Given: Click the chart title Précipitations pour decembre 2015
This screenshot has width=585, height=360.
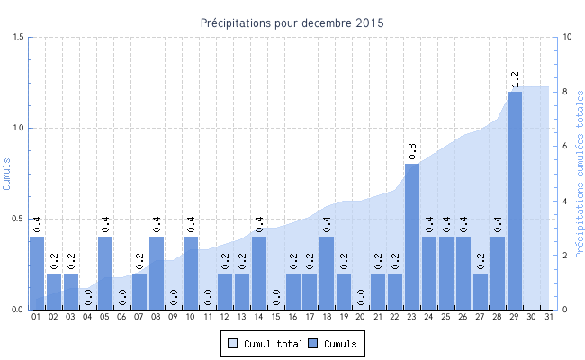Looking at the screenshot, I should pyautogui.click(x=292, y=22).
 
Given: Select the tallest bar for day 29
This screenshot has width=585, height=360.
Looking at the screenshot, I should pyautogui.click(x=515, y=200).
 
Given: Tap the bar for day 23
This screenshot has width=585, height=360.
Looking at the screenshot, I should pyautogui.click(x=412, y=237).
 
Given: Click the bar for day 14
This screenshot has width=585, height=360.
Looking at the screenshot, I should pyautogui.click(x=259, y=273).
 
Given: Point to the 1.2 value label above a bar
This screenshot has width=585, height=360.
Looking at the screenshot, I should pyautogui.click(x=515, y=80).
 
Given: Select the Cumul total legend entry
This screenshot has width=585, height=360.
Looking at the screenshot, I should pyautogui.click(x=263, y=344).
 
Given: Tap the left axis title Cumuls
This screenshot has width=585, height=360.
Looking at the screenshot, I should pyautogui.click(x=8, y=173).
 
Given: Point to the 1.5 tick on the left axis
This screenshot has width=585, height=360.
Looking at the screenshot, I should pyautogui.click(x=18, y=37).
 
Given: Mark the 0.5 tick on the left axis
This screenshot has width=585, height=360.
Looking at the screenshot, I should pyautogui.click(x=18, y=219).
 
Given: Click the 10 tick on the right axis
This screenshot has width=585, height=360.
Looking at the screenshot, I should pyautogui.click(x=566, y=37).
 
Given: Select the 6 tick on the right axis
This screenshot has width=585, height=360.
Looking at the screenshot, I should pyautogui.click(x=563, y=146).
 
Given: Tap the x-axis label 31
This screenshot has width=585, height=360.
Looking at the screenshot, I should pyautogui.click(x=549, y=317).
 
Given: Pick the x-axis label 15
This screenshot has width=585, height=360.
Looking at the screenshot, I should pyautogui.click(x=276, y=317).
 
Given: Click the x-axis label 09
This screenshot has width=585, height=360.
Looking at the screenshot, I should pyautogui.click(x=174, y=317).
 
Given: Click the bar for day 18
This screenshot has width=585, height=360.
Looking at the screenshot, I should pyautogui.click(x=327, y=273).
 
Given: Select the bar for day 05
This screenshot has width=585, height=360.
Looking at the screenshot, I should pyautogui.click(x=105, y=273).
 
